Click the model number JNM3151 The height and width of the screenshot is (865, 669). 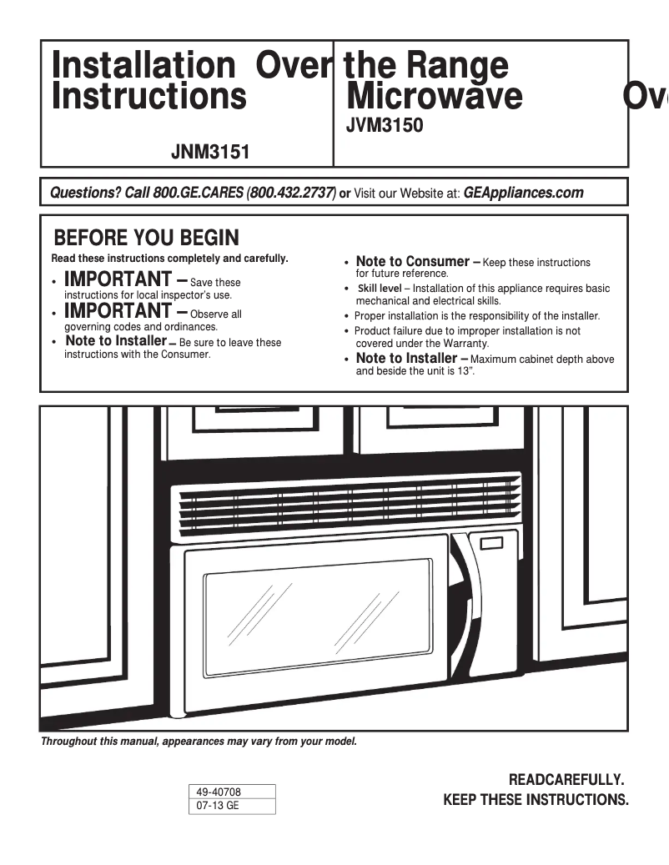pos(210,153)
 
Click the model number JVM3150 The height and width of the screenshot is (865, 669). pos(384,126)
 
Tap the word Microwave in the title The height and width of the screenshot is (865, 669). pos(434,98)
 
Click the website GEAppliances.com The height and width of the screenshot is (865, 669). pos(523,193)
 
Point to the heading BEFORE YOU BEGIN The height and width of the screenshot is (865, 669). pos(146,238)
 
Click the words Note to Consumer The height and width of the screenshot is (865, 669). pos(412,262)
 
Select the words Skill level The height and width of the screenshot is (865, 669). pos(380,289)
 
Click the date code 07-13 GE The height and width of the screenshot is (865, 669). pos(218,807)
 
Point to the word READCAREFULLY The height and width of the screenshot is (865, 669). pos(566,780)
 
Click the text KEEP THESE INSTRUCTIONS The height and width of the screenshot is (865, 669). pos(536,801)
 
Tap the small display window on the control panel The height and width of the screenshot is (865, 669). pos(491,544)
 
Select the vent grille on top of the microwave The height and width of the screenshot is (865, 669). pos(345,505)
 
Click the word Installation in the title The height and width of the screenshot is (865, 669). pos(143,65)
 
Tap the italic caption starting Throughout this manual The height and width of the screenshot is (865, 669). pos(199,742)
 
